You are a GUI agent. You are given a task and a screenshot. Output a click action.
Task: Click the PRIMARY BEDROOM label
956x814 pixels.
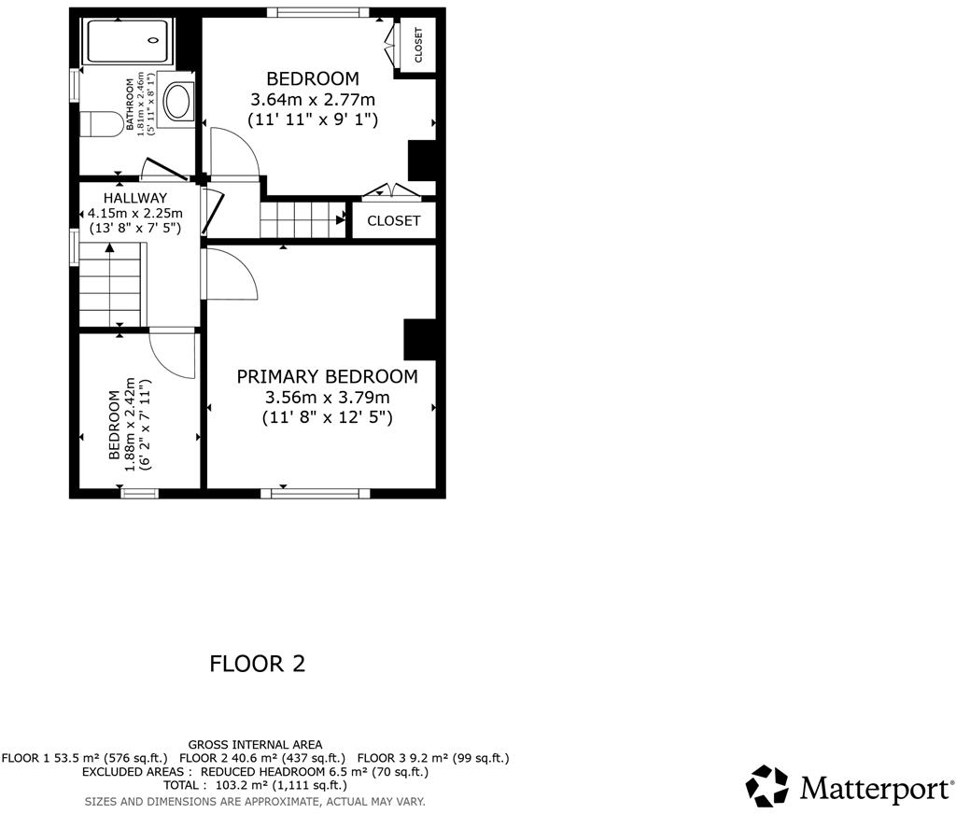tap(327, 376)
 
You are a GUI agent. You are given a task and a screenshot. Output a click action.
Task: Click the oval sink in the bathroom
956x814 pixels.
tap(176, 101)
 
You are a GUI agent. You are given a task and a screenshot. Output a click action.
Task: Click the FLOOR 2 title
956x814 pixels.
tap(257, 664)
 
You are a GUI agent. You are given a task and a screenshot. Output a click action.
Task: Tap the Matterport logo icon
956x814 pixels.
tap(767, 786)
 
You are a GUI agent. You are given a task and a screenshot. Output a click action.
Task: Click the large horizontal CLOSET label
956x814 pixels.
tap(393, 221)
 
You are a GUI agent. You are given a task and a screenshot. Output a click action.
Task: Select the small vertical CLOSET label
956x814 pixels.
tap(417, 45)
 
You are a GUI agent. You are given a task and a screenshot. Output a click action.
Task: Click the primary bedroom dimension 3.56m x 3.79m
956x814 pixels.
tap(327, 398)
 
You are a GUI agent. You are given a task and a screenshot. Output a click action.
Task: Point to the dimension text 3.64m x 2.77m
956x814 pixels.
tap(313, 99)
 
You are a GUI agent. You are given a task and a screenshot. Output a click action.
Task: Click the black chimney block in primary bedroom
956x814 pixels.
tap(419, 339)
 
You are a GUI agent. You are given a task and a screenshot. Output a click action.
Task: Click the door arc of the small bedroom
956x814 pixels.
tap(174, 354)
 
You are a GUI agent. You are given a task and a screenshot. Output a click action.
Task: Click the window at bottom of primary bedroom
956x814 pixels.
tap(315, 492)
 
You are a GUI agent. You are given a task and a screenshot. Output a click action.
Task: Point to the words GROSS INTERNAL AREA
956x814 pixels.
tap(255, 744)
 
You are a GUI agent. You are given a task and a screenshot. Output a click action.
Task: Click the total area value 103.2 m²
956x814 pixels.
tap(244, 786)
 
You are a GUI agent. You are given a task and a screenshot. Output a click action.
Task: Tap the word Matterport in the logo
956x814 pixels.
tap(876, 789)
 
